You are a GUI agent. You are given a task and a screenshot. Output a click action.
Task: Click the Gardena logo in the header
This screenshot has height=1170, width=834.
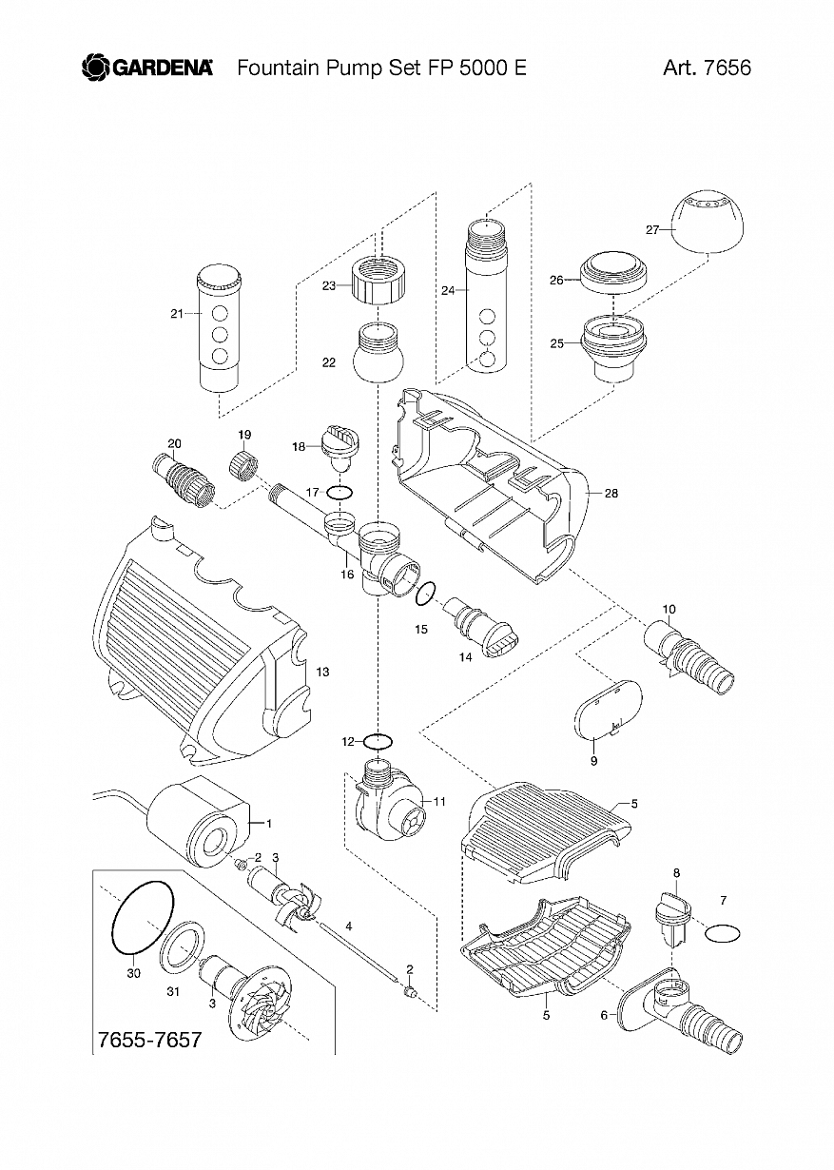(x=147, y=68)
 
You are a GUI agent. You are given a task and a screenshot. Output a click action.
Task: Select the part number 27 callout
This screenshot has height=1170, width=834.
(x=652, y=229)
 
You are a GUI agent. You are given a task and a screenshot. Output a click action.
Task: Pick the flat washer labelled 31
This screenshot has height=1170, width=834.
(x=184, y=946)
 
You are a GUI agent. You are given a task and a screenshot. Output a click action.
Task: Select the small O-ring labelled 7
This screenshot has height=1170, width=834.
(x=722, y=933)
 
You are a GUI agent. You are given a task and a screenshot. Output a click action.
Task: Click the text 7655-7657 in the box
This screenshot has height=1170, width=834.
(x=149, y=1040)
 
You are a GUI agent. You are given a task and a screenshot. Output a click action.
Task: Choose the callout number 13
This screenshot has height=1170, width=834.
(x=322, y=673)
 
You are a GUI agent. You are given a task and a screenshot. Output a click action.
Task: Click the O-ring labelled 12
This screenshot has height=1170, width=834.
(x=378, y=740)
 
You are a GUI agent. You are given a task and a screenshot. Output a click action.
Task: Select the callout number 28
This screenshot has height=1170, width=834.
(x=611, y=493)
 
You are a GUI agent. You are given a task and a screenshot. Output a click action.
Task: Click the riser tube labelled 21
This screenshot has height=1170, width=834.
(x=220, y=329)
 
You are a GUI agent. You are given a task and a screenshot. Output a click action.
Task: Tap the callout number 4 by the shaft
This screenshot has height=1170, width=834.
(x=349, y=926)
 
